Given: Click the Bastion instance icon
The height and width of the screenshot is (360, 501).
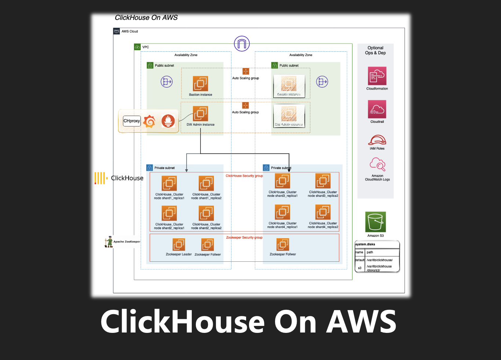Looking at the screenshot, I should pyautogui.click(x=201, y=84).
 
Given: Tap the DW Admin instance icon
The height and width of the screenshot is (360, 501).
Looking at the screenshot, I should pyautogui.click(x=201, y=114).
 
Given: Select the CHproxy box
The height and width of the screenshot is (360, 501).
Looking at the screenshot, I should pyautogui.click(x=132, y=121).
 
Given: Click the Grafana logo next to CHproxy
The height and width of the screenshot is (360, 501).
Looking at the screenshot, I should pyautogui.click(x=149, y=121).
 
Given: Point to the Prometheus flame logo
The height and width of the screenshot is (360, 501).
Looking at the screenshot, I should pyautogui.click(x=168, y=121).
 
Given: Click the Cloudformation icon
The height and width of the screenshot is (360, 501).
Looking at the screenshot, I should pyautogui.click(x=377, y=76).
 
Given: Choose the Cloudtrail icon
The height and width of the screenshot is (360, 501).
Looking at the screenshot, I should pyautogui.click(x=377, y=109).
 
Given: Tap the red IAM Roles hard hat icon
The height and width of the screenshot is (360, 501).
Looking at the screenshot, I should pyautogui.click(x=377, y=140).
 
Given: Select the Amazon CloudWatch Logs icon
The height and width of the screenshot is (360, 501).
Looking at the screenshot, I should pyautogui.click(x=377, y=165).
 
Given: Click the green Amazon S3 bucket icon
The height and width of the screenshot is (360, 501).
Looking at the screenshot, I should pyautogui.click(x=376, y=222).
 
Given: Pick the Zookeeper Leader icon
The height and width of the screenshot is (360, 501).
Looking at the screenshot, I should pyautogui.click(x=179, y=245).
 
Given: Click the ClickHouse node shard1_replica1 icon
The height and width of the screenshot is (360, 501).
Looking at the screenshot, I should pyautogui.click(x=169, y=183).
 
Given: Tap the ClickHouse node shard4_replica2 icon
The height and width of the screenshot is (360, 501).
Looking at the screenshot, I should pyautogui.click(x=323, y=212).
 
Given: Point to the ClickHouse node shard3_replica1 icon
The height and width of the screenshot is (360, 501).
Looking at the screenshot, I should pyautogui.click(x=282, y=181).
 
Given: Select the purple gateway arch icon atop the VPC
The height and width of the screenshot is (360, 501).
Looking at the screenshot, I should pyautogui.click(x=242, y=44).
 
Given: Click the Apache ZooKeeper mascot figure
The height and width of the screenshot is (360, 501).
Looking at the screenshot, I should pyautogui.click(x=109, y=242).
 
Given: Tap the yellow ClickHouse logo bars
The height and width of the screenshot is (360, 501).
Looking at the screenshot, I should pyautogui.click(x=100, y=178).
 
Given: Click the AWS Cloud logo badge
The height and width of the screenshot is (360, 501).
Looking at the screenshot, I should pyautogui.click(x=117, y=31).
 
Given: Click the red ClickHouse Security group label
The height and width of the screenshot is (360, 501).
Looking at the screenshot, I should pyautogui.click(x=244, y=176).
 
